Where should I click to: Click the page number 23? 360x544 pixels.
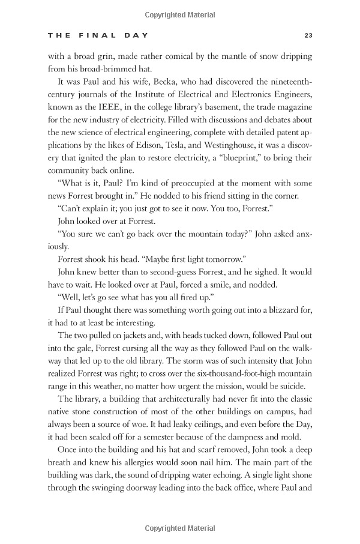tap(308, 35)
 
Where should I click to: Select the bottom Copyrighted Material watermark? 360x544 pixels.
tap(179, 528)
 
